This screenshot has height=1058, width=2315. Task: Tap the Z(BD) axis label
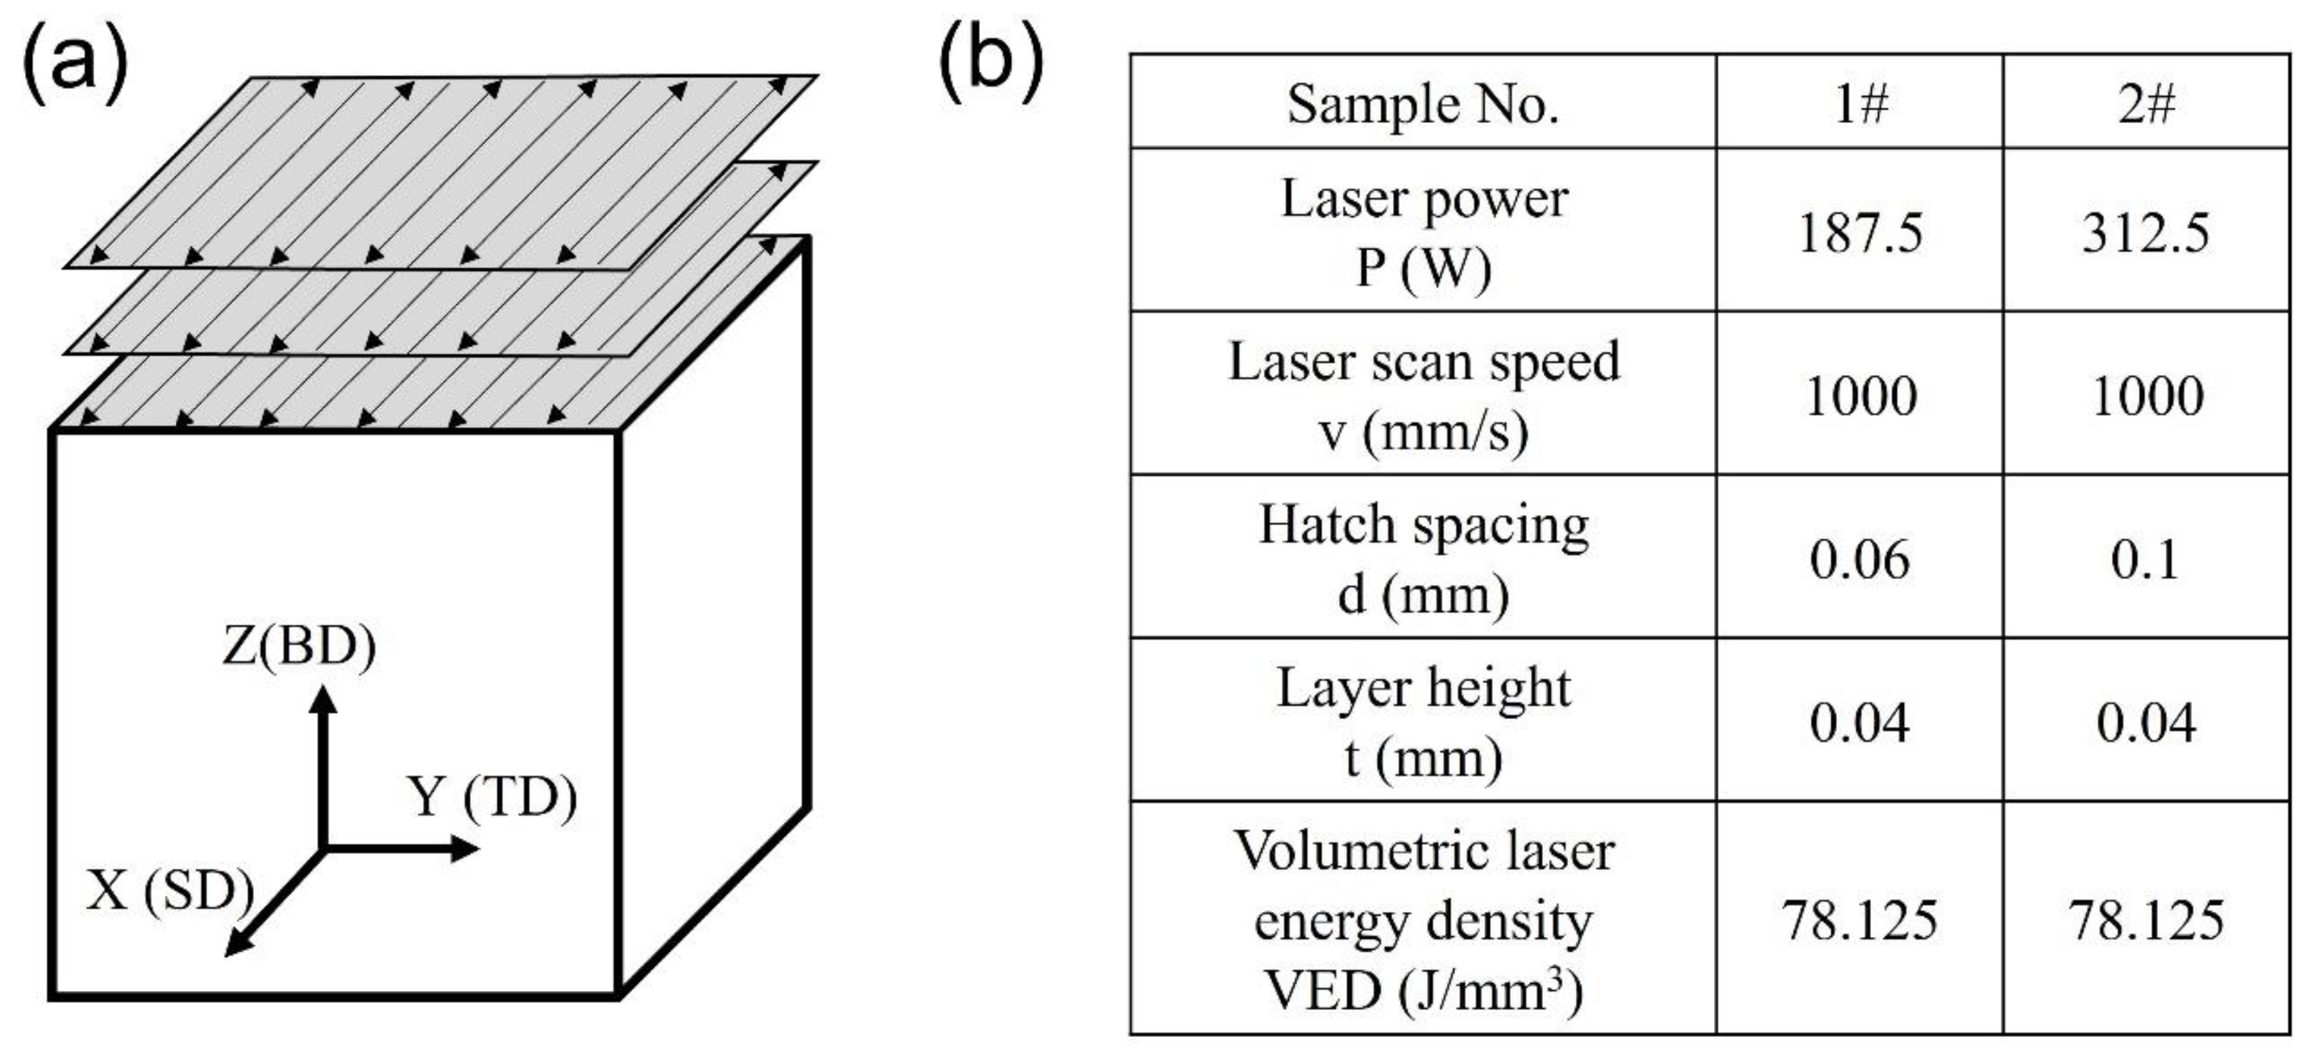click(299, 645)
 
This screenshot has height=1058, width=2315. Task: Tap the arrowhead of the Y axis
click(466, 847)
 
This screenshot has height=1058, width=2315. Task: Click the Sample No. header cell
click(1423, 104)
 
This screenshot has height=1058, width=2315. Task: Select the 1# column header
click(1859, 104)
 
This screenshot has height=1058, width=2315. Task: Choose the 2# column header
click(2146, 104)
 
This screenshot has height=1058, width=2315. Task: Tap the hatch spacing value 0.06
click(1859, 559)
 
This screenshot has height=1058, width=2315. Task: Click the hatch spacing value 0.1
click(2146, 559)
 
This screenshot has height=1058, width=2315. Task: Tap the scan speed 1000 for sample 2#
click(2147, 395)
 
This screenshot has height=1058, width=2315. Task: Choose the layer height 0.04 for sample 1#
click(1859, 722)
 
